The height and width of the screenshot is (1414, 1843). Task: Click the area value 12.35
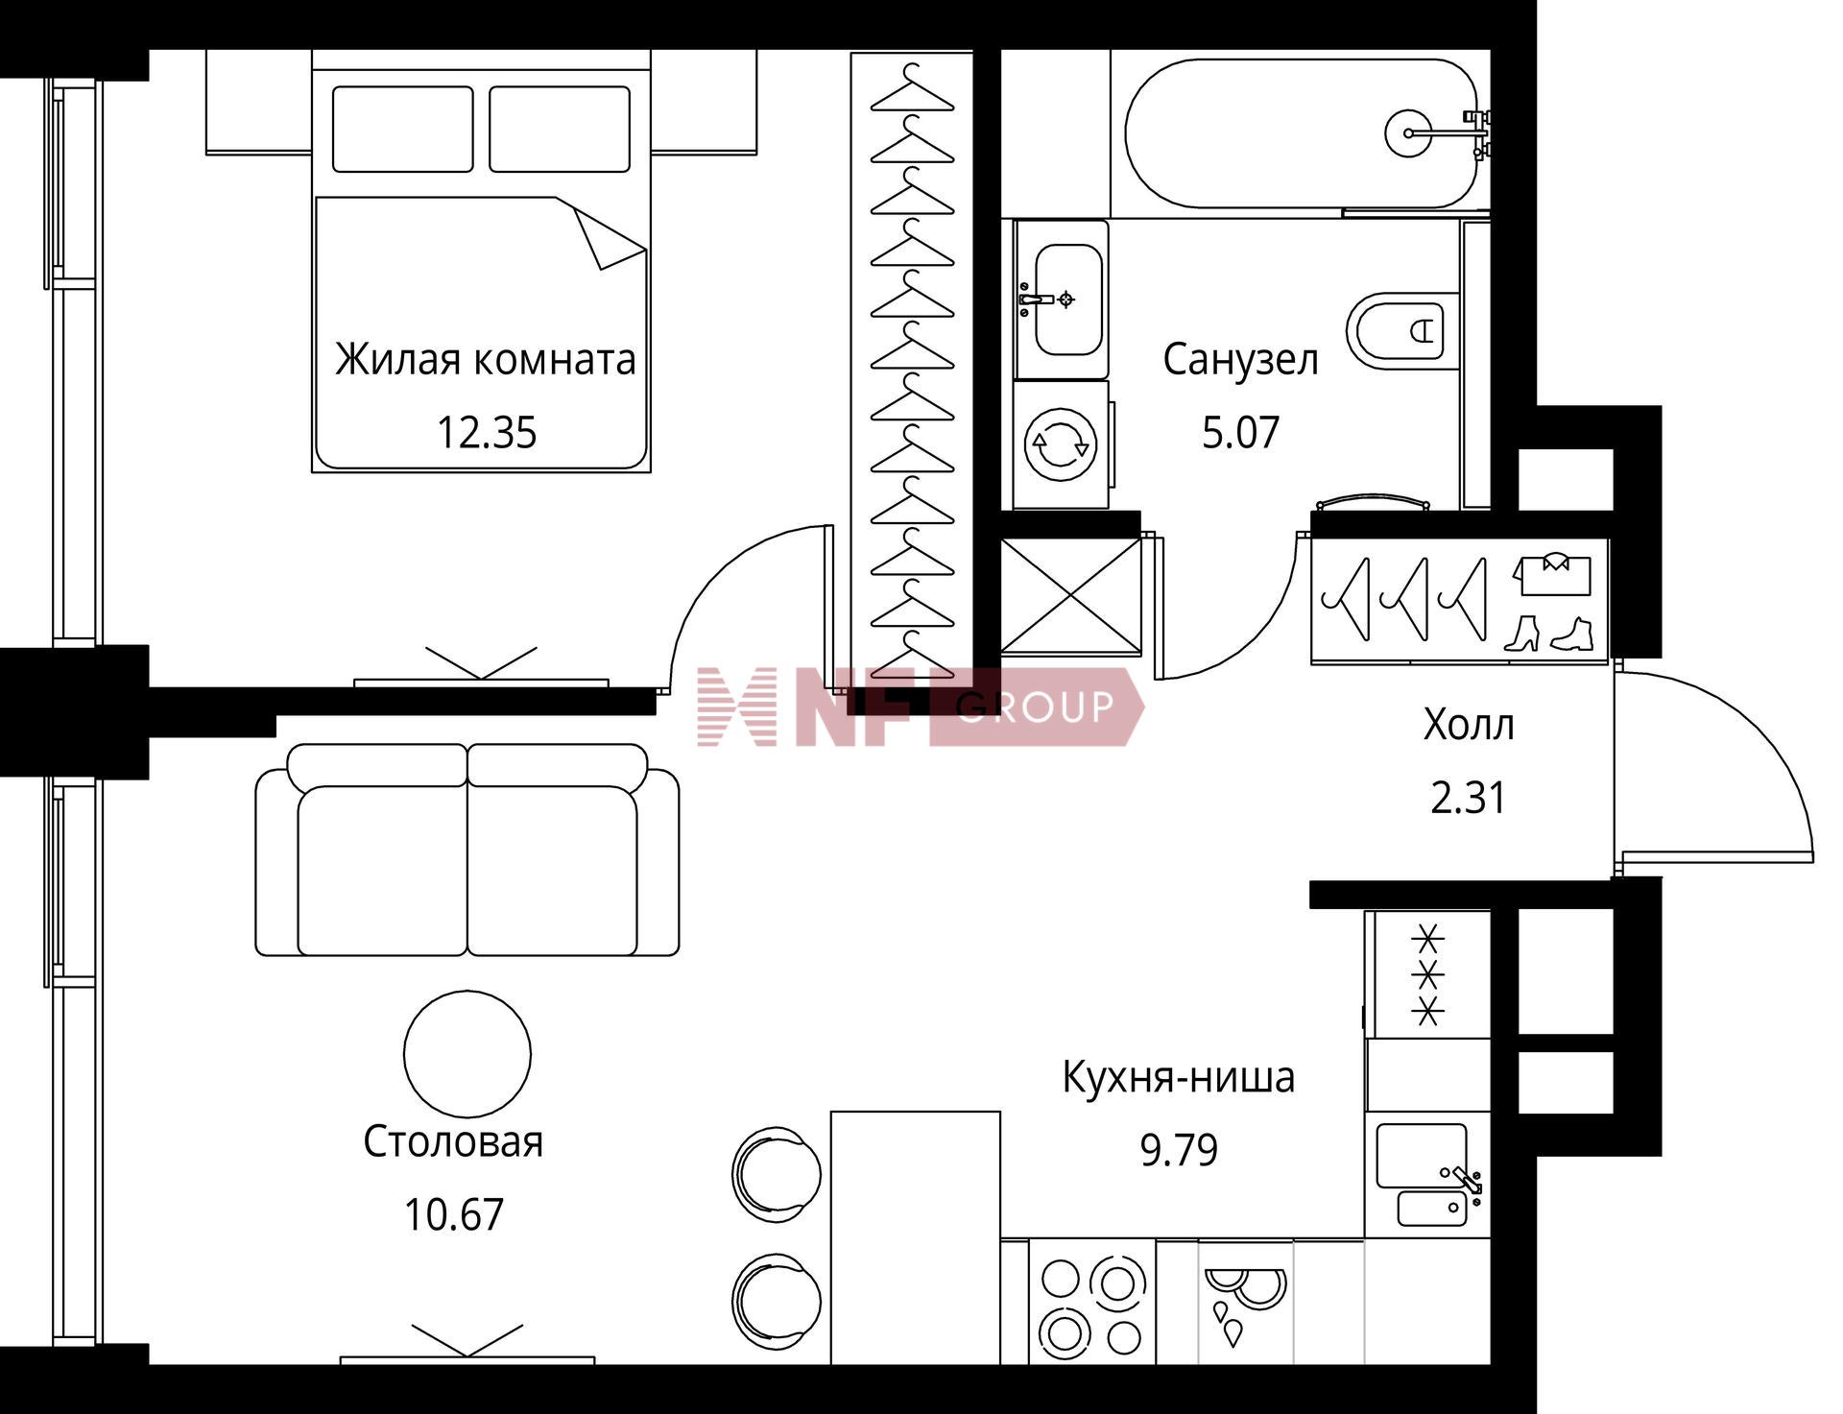pos(487,433)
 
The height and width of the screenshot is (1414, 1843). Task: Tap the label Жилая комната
pos(486,360)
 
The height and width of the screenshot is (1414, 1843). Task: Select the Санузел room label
pos(1241,360)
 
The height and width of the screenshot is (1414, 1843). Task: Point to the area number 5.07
pos(1241,433)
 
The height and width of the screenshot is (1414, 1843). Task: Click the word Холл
pos(1469,725)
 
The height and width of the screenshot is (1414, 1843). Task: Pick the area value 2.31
pos(1469,798)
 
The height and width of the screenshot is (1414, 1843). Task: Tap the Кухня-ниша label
pos(1179,1077)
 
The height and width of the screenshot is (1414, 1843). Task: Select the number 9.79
pos(1179,1149)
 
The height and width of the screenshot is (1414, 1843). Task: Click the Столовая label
pos(453,1142)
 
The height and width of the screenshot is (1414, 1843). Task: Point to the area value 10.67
pos(453,1215)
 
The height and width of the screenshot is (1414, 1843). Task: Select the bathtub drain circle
pos(1409,133)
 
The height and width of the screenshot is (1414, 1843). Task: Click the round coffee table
pos(467,1054)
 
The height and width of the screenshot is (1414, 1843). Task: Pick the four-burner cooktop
pos(1092,1302)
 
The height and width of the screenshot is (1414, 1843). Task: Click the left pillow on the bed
pos(403,130)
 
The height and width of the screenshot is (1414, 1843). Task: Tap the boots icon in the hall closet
pos(1547,635)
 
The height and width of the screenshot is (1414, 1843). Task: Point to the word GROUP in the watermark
pos(1036,707)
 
